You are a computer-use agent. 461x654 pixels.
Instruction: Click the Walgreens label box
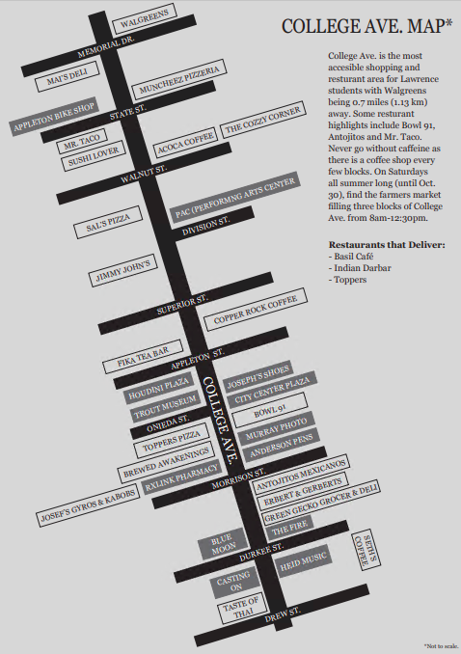pos(145,18)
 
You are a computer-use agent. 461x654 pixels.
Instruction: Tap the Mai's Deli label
pos(68,76)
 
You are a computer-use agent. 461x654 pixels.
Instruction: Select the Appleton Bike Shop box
pos(54,117)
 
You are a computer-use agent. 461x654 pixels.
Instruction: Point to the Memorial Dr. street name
pos(106,46)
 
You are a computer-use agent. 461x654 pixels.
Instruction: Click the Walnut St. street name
pos(144,174)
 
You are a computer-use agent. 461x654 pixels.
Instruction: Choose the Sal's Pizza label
pos(108,223)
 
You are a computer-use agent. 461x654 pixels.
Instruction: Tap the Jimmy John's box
pos(123,271)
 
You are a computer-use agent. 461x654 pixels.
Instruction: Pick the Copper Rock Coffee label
pos(256,309)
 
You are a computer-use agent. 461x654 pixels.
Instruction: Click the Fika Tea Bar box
pos(143,357)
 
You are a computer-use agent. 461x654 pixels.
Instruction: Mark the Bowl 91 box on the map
pos(270,410)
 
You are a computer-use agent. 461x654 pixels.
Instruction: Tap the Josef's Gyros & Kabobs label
pos(88,505)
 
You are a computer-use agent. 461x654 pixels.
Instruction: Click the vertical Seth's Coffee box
pos(366,550)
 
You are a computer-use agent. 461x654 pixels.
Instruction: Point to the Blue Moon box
pos(224,544)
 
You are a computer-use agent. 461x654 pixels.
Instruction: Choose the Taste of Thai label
pos(241,608)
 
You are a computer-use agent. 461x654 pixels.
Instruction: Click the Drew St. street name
pos(283,614)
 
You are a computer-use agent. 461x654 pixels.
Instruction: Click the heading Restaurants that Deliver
pos(387,245)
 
